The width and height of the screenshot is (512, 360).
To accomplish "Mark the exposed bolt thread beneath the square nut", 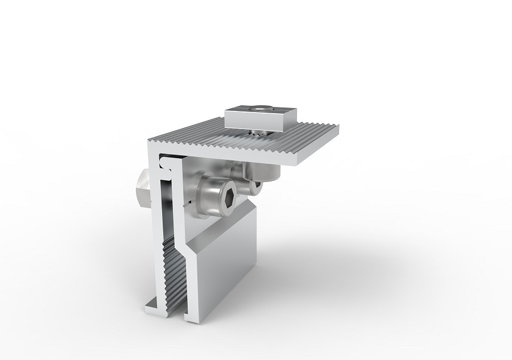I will tap(259, 133).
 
